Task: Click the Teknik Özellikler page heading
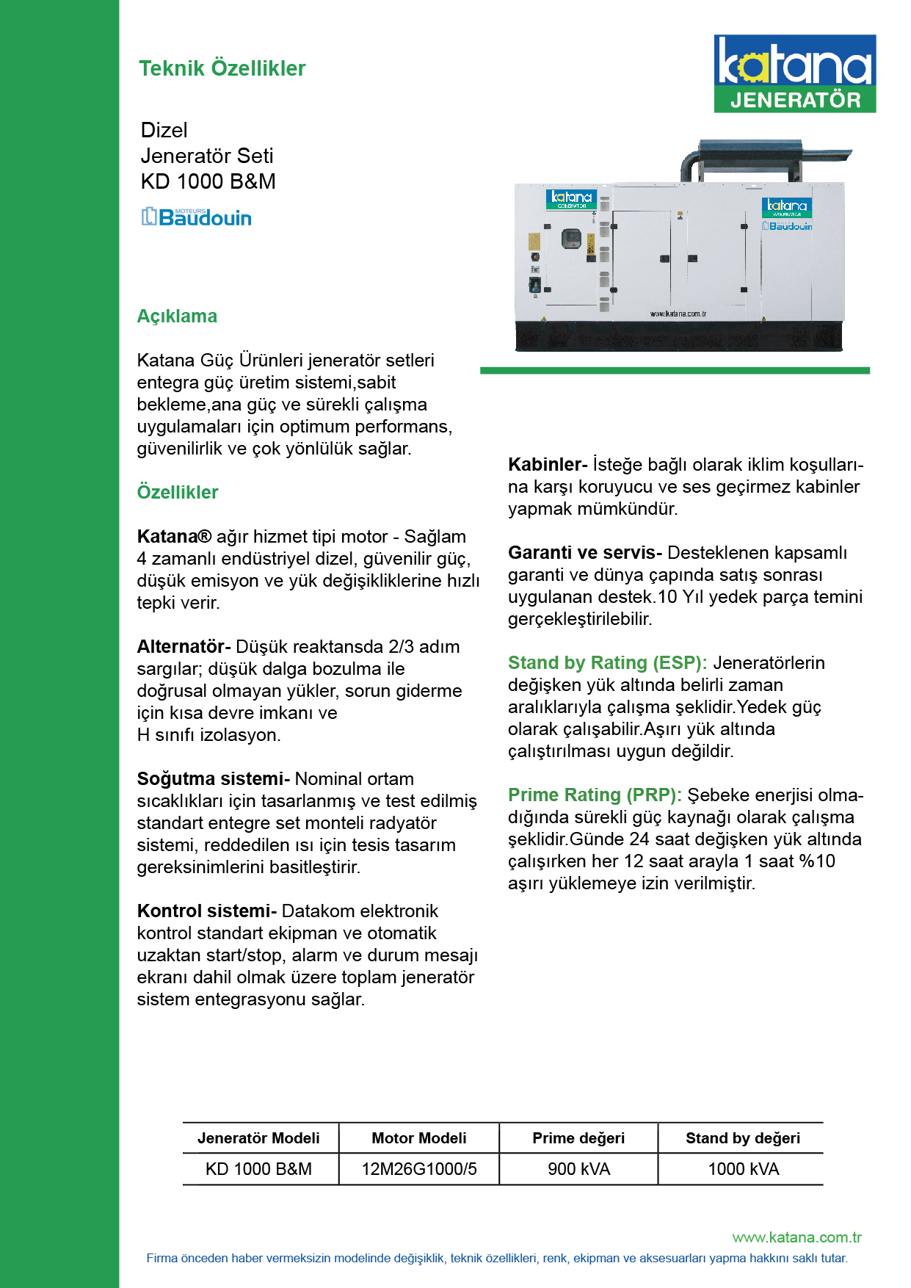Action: click(x=222, y=68)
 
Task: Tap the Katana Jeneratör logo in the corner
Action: click(x=794, y=73)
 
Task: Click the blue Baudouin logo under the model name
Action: click(x=197, y=217)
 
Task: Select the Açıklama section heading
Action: click(x=177, y=316)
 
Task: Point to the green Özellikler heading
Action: click(x=178, y=493)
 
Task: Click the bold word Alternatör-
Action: click(x=184, y=647)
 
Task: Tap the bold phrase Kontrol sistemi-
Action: click(x=206, y=911)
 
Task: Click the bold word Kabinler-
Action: click(x=547, y=465)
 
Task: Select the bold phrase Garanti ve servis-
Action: click(x=585, y=553)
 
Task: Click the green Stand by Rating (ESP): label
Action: click(x=607, y=663)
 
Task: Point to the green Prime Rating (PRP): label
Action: click(x=595, y=795)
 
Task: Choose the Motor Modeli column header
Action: click(x=419, y=1138)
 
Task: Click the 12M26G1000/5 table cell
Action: click(x=419, y=1169)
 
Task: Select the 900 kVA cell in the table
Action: click(x=578, y=1169)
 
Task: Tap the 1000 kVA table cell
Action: click(x=743, y=1169)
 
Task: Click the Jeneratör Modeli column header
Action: click(x=258, y=1138)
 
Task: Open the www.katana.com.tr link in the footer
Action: click(x=796, y=1237)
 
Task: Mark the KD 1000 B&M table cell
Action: click(x=258, y=1169)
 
